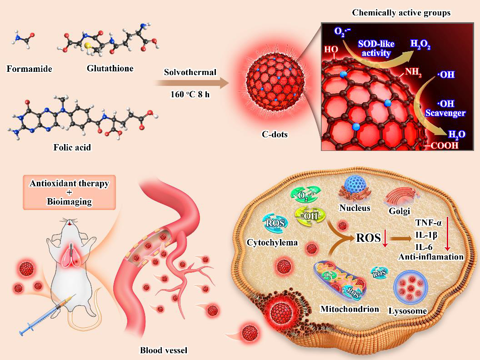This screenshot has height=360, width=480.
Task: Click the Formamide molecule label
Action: click(x=30, y=69)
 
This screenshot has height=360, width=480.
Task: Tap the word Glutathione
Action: click(x=110, y=69)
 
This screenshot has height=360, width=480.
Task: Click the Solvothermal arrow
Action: click(x=191, y=84)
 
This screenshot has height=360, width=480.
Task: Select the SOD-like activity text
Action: click(x=376, y=49)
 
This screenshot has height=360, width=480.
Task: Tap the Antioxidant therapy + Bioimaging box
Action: click(x=70, y=192)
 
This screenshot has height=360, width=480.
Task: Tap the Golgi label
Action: click(x=400, y=210)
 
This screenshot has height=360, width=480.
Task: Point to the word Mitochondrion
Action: click(x=350, y=309)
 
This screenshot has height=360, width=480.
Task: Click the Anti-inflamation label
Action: click(x=431, y=257)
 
